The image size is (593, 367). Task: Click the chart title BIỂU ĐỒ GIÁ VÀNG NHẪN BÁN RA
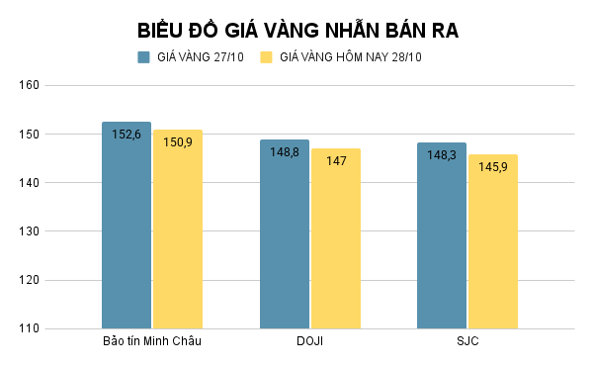click(296, 30)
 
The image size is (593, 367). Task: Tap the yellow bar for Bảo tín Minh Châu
click(177, 237)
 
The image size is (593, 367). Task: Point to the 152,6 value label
click(127, 135)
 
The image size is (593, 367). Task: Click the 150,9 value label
click(178, 142)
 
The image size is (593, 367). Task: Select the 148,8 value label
click(285, 152)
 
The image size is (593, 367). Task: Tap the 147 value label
click(336, 160)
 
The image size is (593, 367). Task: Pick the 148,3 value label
click(442, 155)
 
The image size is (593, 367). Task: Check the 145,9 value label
click(493, 166)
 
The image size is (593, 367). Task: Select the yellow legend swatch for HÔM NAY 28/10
click(266, 57)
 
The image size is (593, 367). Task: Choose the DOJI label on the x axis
click(310, 342)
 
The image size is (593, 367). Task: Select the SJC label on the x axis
click(467, 342)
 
